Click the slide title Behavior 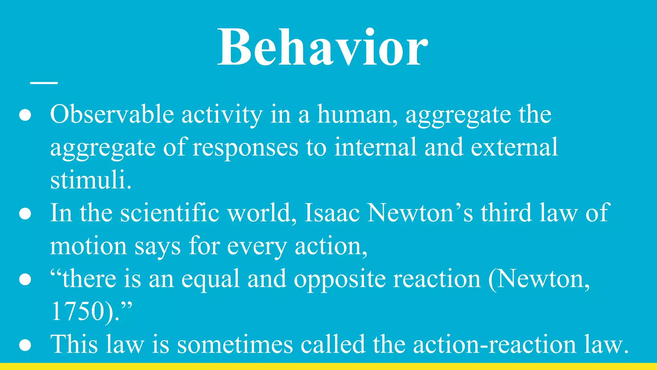322,48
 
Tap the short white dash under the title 44,83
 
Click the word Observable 112,115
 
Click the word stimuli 91,181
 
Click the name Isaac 332,213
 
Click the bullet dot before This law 25,346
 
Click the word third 506,213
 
